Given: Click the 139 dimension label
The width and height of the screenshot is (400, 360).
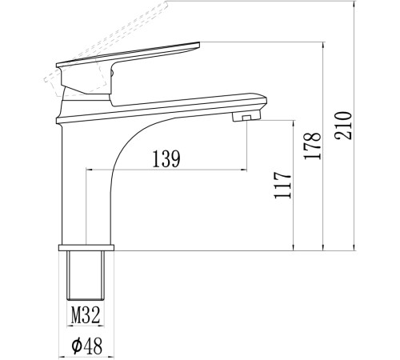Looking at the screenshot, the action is (166, 159).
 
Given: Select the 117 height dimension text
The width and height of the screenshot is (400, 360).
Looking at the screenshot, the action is (282, 185).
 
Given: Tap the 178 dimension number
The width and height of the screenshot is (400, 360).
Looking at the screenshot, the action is (313, 146).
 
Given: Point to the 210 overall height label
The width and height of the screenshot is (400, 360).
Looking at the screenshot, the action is (343, 126).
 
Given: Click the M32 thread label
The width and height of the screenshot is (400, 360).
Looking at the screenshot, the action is (86, 315).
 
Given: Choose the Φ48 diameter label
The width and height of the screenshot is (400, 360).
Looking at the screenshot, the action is (87, 346).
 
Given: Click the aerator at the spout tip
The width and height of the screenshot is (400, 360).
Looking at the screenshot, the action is (246, 117).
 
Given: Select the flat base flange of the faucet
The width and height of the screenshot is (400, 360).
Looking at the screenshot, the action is (86, 248).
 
